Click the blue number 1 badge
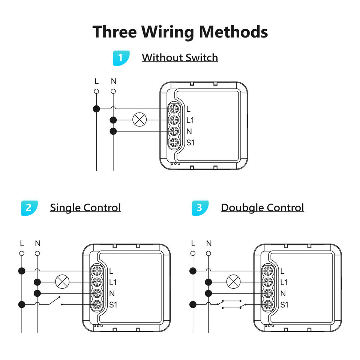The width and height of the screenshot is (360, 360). tap(121, 58)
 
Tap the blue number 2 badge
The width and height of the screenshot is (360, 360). tap(29, 208)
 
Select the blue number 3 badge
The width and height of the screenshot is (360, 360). tap(200, 208)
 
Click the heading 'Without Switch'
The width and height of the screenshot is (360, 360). tap(180, 58)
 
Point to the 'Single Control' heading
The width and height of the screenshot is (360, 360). tap(85, 208)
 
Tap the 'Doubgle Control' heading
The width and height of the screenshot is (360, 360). tap(262, 208)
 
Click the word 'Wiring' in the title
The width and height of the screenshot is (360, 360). tap(167, 31)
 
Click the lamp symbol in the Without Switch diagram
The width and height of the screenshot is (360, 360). tap(140, 120)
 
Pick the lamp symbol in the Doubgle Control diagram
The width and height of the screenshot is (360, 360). tap(234, 282)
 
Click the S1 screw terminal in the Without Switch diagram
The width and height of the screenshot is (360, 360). tap(174, 142)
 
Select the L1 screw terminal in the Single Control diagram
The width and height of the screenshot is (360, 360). tap(97, 282)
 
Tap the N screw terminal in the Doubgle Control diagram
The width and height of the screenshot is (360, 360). tap(268, 293)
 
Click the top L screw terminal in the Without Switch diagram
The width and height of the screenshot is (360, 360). tap(174, 109)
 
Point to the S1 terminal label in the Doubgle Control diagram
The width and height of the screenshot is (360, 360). tap(285, 304)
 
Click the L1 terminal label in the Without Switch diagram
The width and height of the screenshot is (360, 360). tap(190, 120)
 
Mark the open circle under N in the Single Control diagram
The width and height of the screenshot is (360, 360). tap(37, 253)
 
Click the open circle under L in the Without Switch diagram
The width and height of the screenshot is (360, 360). tap(96, 91)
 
